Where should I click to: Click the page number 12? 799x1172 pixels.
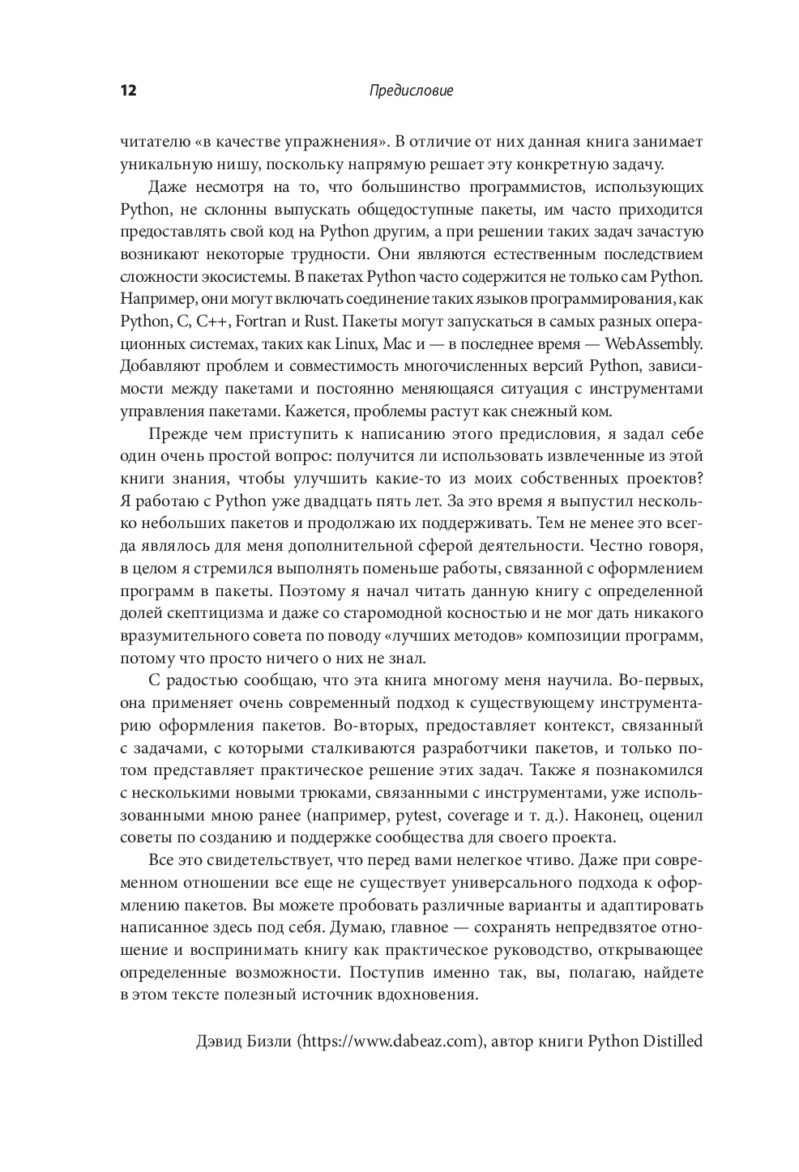pyautogui.click(x=128, y=91)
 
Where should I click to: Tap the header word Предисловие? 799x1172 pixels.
pyautogui.click(x=411, y=91)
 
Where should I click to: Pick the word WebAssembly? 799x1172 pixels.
pyautogui.click(x=654, y=343)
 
